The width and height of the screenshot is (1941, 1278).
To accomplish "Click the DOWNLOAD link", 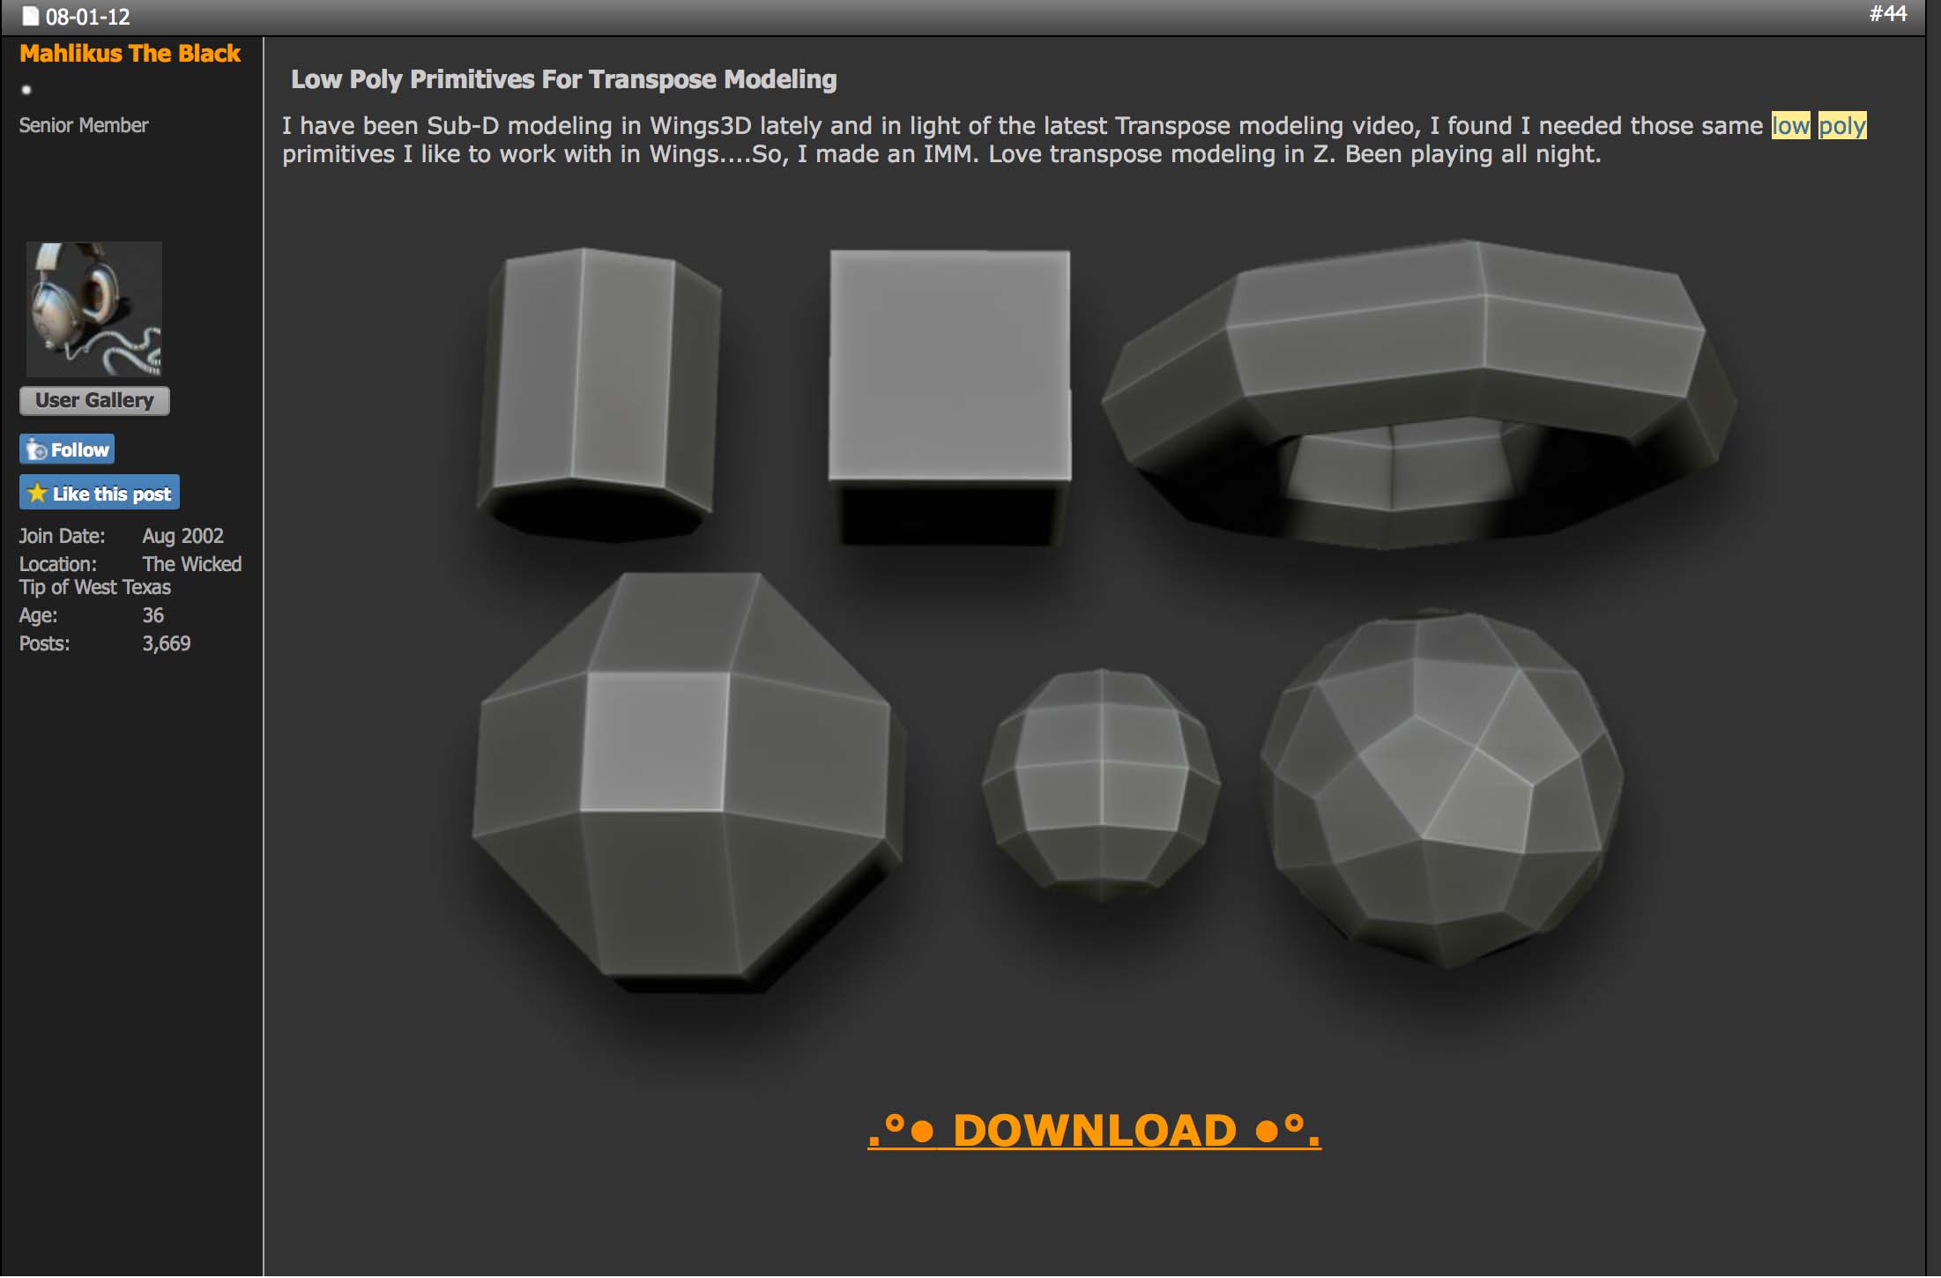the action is [x=1094, y=1130].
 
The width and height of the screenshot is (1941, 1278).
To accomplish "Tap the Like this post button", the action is [x=100, y=493].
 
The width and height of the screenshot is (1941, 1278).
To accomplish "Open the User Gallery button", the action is [x=94, y=400].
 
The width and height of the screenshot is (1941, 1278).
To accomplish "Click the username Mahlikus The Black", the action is [x=130, y=54].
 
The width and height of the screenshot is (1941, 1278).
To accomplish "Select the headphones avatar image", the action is [x=94, y=309].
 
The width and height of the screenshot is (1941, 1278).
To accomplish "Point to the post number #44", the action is [x=1888, y=13].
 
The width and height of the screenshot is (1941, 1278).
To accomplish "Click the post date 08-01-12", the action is [x=87, y=17].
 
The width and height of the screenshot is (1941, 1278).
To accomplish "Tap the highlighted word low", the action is [x=1790, y=126].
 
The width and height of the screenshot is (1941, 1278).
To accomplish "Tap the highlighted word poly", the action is [x=1842, y=126].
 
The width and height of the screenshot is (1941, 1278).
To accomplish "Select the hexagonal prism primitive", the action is [x=599, y=392].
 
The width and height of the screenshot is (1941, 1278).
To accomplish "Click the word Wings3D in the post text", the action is [x=701, y=126].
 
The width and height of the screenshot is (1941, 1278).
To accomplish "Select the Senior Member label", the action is [x=84, y=125].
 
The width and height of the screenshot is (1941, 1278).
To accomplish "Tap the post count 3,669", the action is [x=167, y=643].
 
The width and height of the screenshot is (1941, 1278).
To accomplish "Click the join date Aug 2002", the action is [x=183, y=536].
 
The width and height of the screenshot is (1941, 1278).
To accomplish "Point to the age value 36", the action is [x=153, y=615].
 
